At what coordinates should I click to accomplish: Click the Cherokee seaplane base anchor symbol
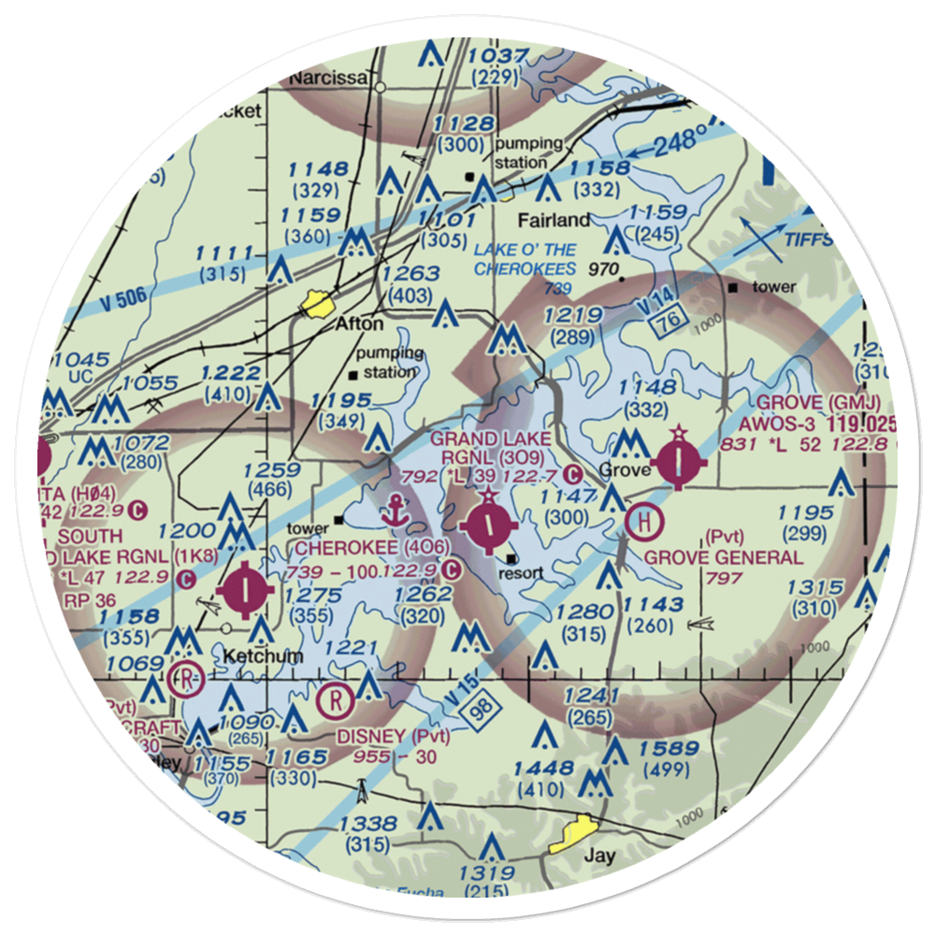(x=395, y=511)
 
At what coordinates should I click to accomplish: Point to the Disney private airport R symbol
(x=335, y=698)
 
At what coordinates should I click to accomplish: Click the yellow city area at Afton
(x=316, y=303)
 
